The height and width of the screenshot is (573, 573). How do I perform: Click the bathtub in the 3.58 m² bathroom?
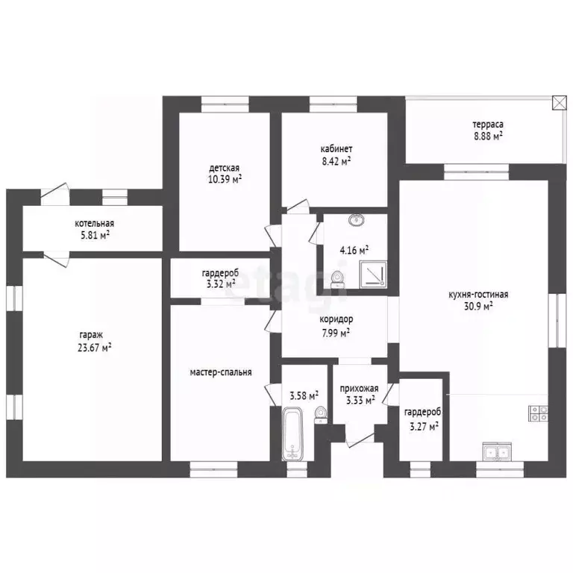(x=292, y=433)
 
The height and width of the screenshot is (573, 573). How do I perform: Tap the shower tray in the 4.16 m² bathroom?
(x=373, y=274)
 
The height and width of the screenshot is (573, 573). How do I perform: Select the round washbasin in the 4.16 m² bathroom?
(x=357, y=220)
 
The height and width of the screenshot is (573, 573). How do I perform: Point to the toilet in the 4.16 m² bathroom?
(x=338, y=280)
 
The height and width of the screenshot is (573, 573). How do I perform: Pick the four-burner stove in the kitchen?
(x=538, y=413)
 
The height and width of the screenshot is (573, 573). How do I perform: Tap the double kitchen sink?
(x=497, y=451)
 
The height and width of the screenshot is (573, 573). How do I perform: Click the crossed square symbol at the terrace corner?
(x=559, y=103)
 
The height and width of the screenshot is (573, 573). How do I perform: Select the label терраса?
(x=487, y=125)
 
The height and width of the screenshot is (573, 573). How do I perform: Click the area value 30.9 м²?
(x=478, y=306)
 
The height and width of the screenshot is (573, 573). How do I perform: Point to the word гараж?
(x=91, y=335)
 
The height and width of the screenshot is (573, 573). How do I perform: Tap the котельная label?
(x=94, y=223)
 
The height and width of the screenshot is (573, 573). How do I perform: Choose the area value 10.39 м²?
(x=225, y=179)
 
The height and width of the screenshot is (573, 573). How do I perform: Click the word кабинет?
(x=336, y=149)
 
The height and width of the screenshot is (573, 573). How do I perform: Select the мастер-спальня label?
(x=221, y=372)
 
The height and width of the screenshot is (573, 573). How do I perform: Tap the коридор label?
(x=336, y=319)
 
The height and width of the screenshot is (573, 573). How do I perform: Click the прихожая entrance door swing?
(x=360, y=440)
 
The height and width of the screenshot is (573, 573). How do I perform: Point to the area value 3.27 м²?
(x=424, y=427)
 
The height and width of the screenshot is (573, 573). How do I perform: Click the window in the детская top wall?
(x=225, y=104)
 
